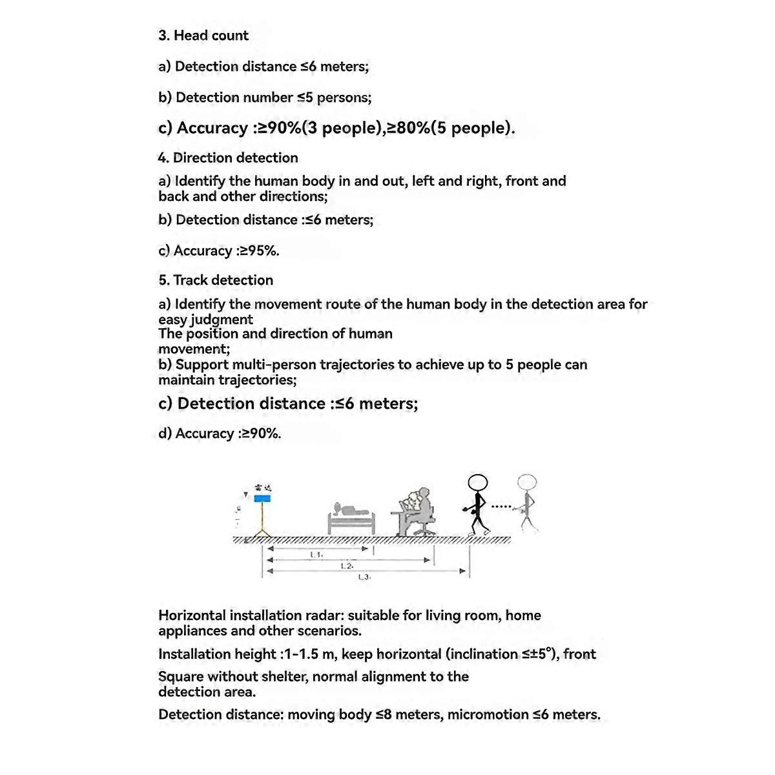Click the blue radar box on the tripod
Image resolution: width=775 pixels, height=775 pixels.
262,499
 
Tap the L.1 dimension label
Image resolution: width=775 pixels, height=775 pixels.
316,554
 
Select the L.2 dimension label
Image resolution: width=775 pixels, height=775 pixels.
347,566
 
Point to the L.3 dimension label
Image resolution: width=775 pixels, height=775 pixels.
364,577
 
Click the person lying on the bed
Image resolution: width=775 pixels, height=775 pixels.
352,510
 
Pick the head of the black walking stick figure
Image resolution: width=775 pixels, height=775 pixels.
478,483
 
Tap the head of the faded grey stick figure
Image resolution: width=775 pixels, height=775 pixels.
527,482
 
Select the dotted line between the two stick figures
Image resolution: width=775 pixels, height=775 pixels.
501,506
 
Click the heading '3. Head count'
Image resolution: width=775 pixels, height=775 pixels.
203,36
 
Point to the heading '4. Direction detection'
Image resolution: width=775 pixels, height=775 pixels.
228,158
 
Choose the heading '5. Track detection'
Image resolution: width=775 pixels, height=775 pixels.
216,280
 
